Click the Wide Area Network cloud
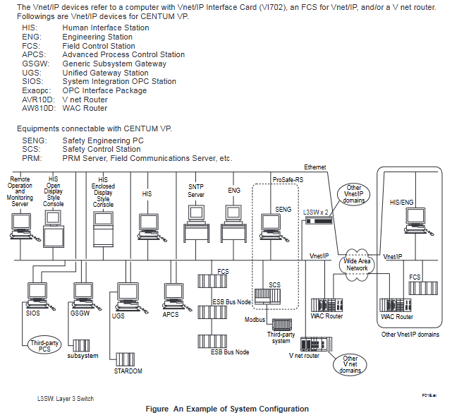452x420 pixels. point(357,264)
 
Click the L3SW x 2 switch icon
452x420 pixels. point(317,220)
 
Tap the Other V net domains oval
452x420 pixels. point(350,364)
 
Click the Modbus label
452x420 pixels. point(255,320)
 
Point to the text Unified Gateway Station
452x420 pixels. point(105,73)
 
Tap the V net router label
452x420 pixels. point(304,356)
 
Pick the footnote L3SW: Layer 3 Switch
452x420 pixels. point(65,398)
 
